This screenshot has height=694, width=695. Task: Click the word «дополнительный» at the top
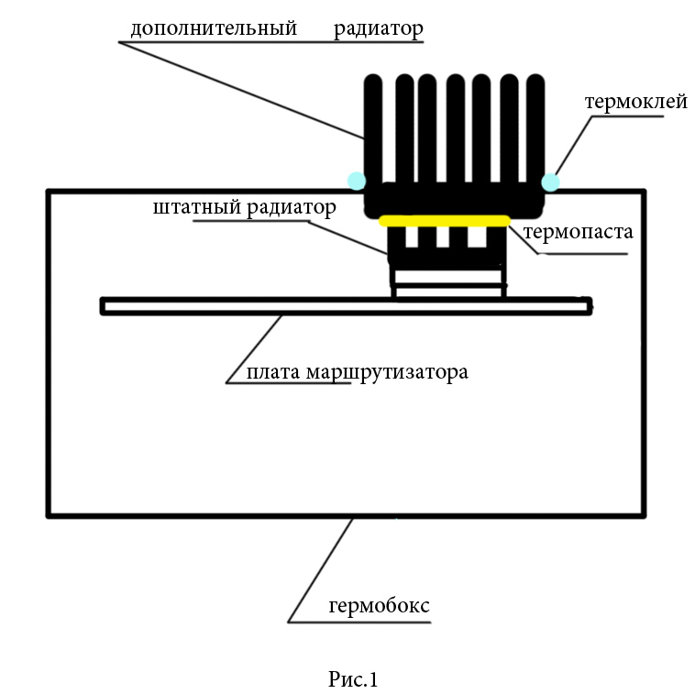pos(213,28)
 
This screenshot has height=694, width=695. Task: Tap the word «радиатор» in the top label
pos(379,28)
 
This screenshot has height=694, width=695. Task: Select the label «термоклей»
pos(635,101)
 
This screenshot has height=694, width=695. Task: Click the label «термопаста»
pos(578,232)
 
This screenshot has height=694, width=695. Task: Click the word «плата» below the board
pos(273,373)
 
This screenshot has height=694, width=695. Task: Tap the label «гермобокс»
pos(379,606)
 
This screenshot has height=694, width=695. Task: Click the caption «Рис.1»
pos(353,679)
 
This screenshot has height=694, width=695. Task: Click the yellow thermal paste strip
pos(445,220)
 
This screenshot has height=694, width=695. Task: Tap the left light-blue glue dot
pos(356,180)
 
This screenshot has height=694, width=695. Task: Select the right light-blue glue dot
pos(550,182)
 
